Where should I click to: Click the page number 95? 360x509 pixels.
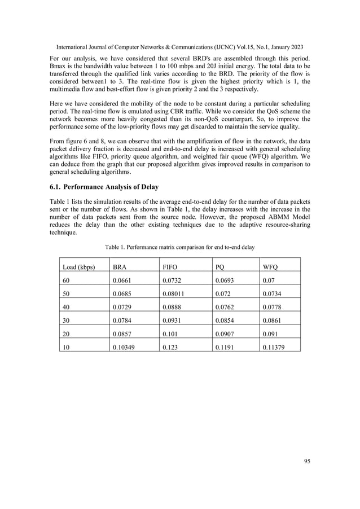[307, 461]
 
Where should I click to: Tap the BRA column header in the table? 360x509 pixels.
[120, 267]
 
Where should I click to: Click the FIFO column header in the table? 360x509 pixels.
[170, 267]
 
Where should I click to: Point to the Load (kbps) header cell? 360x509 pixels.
[78, 267]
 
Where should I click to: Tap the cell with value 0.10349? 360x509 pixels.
[125, 348]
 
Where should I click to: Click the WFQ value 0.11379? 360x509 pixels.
[274, 348]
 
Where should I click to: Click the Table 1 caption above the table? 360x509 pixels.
[179, 247]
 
